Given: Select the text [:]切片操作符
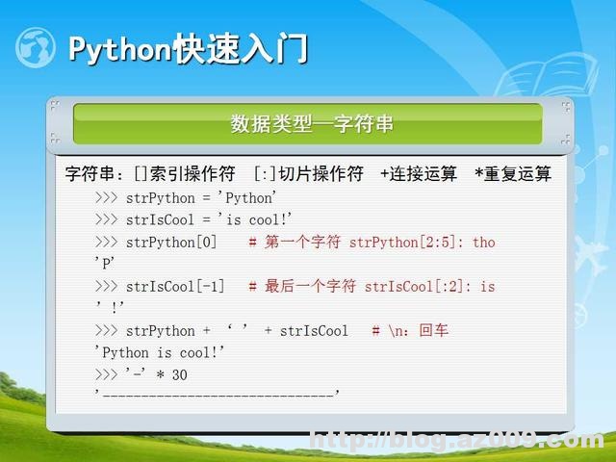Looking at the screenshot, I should click(x=308, y=174).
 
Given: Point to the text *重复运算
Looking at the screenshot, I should click(x=513, y=174).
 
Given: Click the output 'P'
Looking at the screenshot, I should click(x=105, y=262).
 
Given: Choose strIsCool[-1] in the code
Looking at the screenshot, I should click(x=175, y=286).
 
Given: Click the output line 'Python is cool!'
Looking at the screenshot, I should click(x=160, y=352).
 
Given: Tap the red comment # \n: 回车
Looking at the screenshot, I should click(x=410, y=330).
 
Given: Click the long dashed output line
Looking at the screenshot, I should click(x=218, y=394).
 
